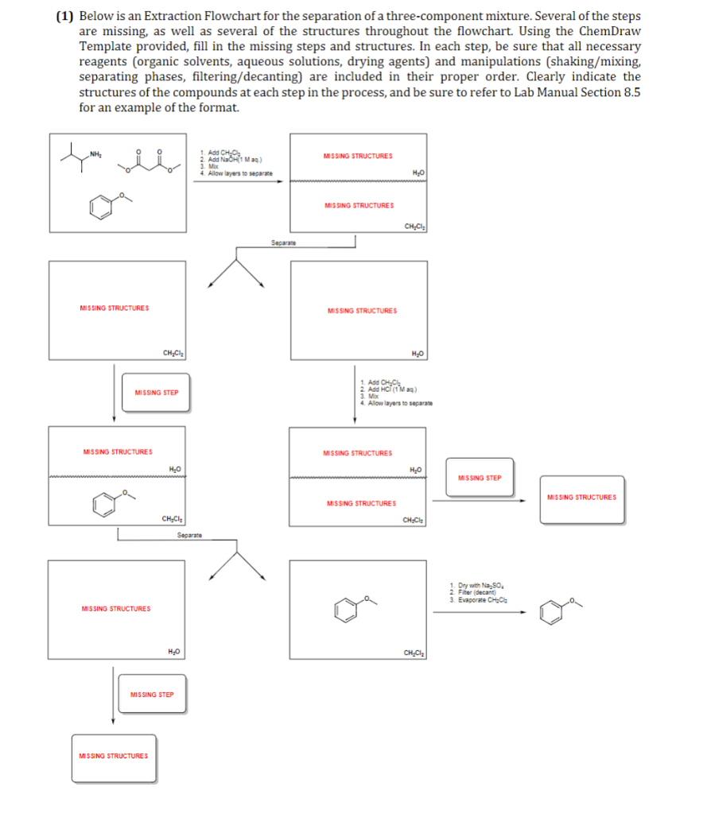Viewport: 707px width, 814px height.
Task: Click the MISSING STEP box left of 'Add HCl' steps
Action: pyautogui.click(x=156, y=392)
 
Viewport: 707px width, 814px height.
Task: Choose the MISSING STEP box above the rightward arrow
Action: pyautogui.click(x=480, y=478)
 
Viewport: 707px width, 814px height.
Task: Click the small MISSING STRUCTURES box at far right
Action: pyautogui.click(x=581, y=498)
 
